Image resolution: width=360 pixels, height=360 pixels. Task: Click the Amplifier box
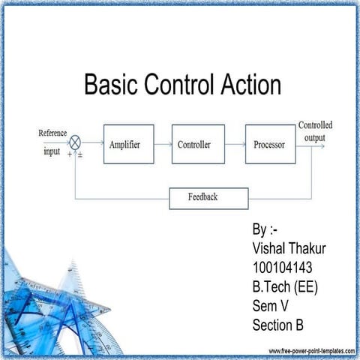tap(128, 144)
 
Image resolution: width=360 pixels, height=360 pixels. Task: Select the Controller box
tap(198, 144)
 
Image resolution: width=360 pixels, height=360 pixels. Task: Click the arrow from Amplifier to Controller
tap(163, 144)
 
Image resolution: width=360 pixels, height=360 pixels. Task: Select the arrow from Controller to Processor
tap(235, 144)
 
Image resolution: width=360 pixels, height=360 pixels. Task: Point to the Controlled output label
tap(316, 130)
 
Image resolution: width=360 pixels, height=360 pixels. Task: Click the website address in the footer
tap(311, 351)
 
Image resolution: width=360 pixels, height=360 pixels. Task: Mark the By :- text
tap(266, 229)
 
